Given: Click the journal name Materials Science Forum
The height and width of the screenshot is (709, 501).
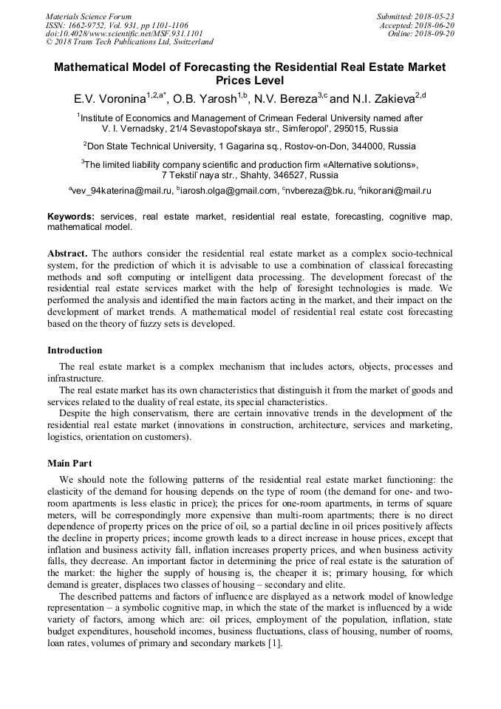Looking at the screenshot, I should point(89,16).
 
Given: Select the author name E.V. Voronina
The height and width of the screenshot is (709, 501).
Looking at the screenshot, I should point(109,98).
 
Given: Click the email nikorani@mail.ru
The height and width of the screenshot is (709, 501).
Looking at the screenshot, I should point(395,191).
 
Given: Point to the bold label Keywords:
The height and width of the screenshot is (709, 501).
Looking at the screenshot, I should point(71,217).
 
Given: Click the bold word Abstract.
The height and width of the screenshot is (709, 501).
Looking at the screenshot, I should point(67,254).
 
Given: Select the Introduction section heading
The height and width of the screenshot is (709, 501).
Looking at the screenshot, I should point(75,350).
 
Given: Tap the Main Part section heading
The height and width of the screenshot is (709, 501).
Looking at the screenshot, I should point(69,464).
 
